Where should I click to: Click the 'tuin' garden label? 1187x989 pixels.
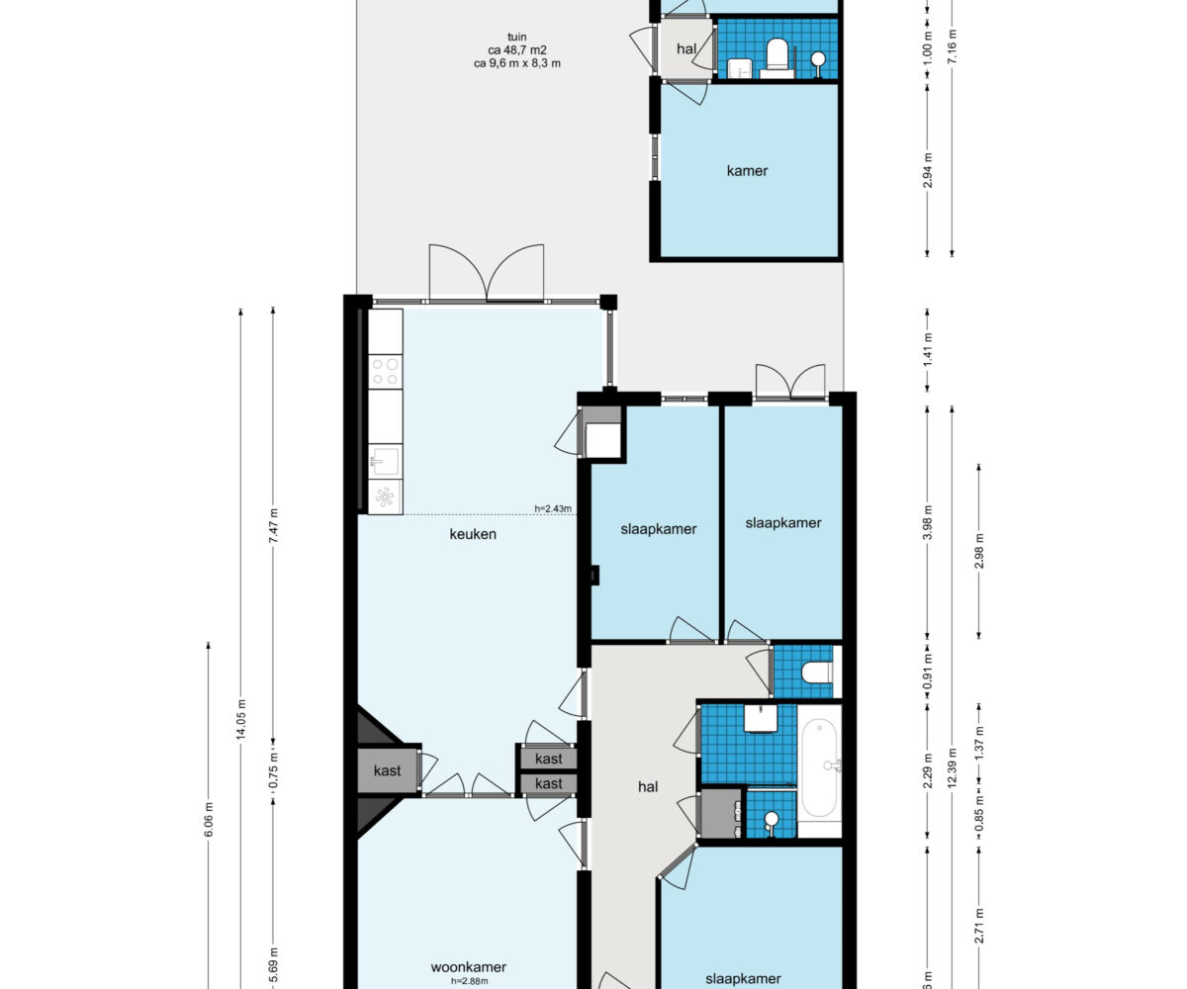516,37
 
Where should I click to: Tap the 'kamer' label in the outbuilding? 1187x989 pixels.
747,170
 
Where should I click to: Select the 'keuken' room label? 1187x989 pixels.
473,534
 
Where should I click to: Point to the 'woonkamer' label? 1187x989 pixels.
469,967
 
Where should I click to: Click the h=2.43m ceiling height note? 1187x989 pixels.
553,508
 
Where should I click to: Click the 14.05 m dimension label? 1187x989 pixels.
241,719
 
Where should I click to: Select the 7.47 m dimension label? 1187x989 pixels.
273,526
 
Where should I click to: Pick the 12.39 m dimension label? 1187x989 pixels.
953,767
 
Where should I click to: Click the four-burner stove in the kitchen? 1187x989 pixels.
386,372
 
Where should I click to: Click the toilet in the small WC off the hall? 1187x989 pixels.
816,673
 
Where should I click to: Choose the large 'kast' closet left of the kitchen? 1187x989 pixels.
388,770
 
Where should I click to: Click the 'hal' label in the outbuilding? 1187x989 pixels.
686,48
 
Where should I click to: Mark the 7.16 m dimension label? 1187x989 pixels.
953,46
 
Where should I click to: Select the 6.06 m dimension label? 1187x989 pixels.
209,819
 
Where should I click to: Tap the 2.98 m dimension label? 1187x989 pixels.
978,551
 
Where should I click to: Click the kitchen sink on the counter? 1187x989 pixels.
386,461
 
